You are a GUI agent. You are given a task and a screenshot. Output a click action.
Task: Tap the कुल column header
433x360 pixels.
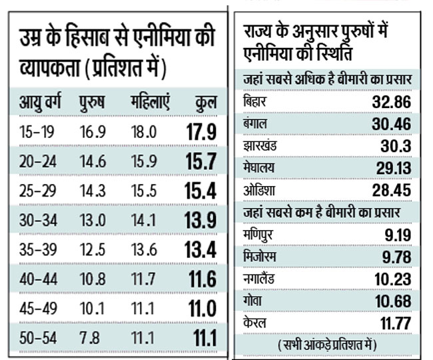[x=203, y=103]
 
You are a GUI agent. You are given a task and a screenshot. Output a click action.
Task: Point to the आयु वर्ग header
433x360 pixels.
[x=42, y=103]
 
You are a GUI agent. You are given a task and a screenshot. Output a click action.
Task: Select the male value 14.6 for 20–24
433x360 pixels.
[x=93, y=161]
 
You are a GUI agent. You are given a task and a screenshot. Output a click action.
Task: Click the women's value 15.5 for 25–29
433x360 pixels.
[x=144, y=190]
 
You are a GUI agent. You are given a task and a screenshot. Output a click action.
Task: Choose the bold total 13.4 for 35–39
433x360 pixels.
[x=201, y=249]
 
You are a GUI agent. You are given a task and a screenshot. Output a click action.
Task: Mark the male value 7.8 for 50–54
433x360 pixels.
[x=93, y=337]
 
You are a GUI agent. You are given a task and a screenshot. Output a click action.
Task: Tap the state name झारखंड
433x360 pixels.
[x=261, y=145]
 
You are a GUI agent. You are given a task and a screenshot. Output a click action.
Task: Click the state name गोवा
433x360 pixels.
[x=253, y=300]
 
